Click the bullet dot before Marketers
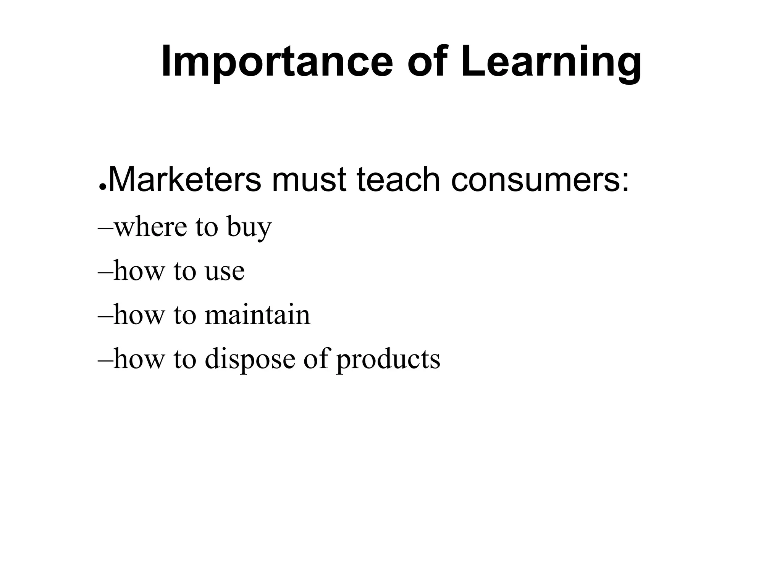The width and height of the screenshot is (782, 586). point(102,187)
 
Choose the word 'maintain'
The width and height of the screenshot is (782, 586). point(257,315)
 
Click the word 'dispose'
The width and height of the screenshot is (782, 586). point(250,360)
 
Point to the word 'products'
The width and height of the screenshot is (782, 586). point(388,360)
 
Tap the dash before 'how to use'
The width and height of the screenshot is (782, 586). point(105,272)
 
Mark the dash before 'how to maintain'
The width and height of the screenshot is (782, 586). point(105,316)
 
